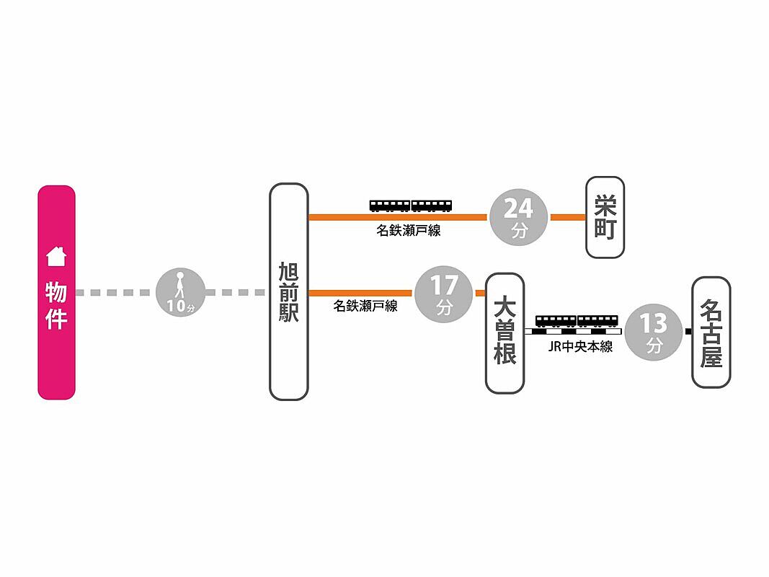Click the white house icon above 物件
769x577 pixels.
click(56, 256)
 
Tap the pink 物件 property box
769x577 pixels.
click(56, 292)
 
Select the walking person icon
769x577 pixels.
click(180, 285)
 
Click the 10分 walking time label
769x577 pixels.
click(180, 306)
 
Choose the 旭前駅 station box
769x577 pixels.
click(289, 292)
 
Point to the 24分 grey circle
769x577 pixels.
click(518, 217)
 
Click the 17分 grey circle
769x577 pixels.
click(443, 294)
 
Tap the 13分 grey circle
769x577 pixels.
click(654, 332)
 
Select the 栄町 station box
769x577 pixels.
click(605, 217)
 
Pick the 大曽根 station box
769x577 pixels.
click(504, 333)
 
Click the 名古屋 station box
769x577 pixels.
click(711, 332)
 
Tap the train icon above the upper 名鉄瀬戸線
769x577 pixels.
click(411, 206)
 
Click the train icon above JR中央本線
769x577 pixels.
click(577, 322)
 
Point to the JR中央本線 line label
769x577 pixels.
click(581, 347)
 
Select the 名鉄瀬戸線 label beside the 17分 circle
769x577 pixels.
click(365, 306)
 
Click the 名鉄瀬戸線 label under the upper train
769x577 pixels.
click(409, 231)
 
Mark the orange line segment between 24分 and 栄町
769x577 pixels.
click(568, 217)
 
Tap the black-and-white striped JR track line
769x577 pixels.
click(573, 332)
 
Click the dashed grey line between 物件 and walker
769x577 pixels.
click(116, 293)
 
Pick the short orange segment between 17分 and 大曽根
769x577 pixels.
click(480, 294)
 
